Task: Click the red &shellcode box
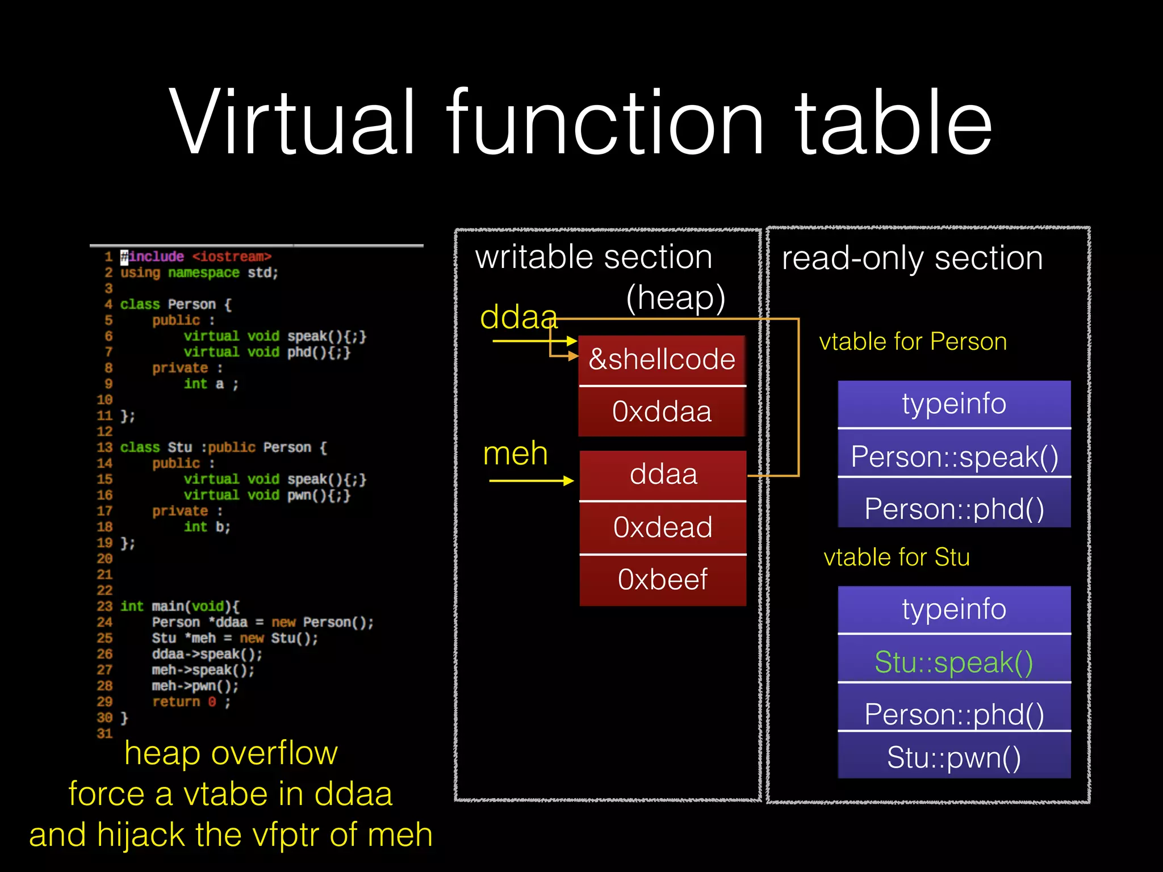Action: coord(662,360)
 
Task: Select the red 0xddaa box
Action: coord(662,412)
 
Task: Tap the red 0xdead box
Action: coord(663,527)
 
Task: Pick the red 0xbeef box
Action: coord(663,580)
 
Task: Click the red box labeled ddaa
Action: coord(663,475)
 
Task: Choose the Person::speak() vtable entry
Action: coord(954,457)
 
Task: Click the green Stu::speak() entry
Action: coord(954,662)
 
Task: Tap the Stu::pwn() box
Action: coord(954,757)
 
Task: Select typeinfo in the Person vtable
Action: coord(954,404)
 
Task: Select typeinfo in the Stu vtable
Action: coord(954,609)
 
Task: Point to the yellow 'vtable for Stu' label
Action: coord(897,557)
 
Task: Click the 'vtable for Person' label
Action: coord(913,342)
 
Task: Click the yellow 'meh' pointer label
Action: coord(515,454)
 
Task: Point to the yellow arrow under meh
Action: coord(532,481)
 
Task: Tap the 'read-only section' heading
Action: coord(912,258)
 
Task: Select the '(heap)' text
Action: coord(676,297)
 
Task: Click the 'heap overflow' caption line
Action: coord(231,753)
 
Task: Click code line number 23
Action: coord(104,606)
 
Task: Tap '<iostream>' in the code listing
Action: coord(231,257)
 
